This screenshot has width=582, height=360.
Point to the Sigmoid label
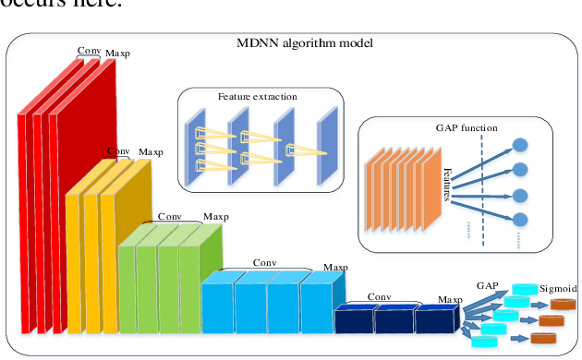557,289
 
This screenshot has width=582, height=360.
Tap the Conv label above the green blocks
170,216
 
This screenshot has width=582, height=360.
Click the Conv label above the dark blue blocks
379,296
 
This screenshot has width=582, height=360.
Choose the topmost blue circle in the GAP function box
520,146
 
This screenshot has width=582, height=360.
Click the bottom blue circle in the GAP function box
520,220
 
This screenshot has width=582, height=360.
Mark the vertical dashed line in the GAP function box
482,194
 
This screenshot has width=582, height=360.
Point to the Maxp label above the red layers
118,54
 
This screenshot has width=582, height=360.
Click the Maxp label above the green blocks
216,217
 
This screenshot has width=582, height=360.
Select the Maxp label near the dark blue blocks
451,299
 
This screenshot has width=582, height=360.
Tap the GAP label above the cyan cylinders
488,287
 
